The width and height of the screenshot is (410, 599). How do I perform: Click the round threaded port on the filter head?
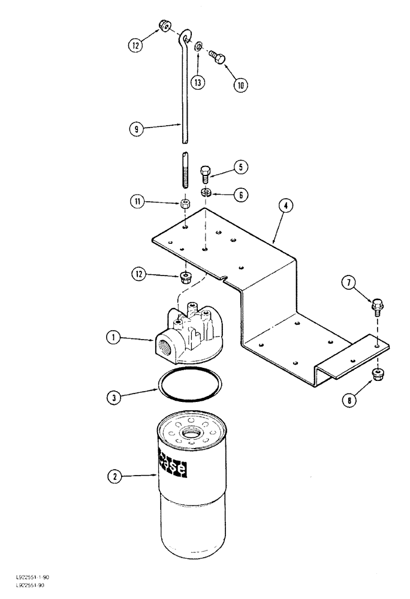click(x=167, y=347)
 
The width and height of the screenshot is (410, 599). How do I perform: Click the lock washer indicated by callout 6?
click(x=205, y=192)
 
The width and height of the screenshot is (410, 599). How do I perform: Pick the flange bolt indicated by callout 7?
click(x=377, y=305)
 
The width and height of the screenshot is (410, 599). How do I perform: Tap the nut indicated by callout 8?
click(x=378, y=374)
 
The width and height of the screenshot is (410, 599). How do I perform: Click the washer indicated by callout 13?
click(x=199, y=45)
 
